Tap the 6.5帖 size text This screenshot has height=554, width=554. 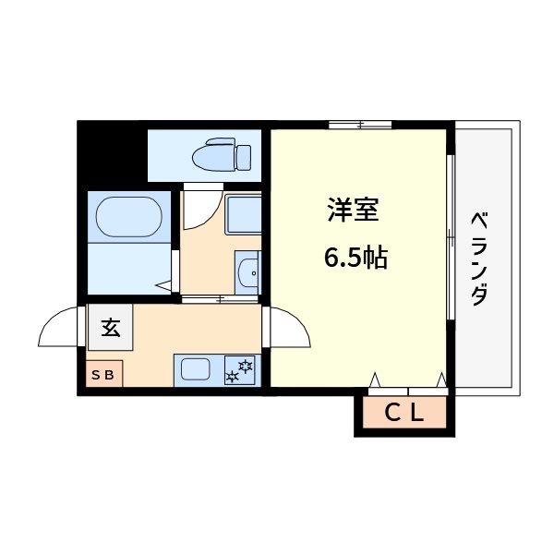[355, 258]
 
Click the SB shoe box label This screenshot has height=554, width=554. [102, 374]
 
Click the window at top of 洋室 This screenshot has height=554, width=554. [360, 124]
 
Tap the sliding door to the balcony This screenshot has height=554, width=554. [451, 237]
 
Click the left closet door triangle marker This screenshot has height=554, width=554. [375, 379]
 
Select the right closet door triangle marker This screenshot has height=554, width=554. [441, 379]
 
